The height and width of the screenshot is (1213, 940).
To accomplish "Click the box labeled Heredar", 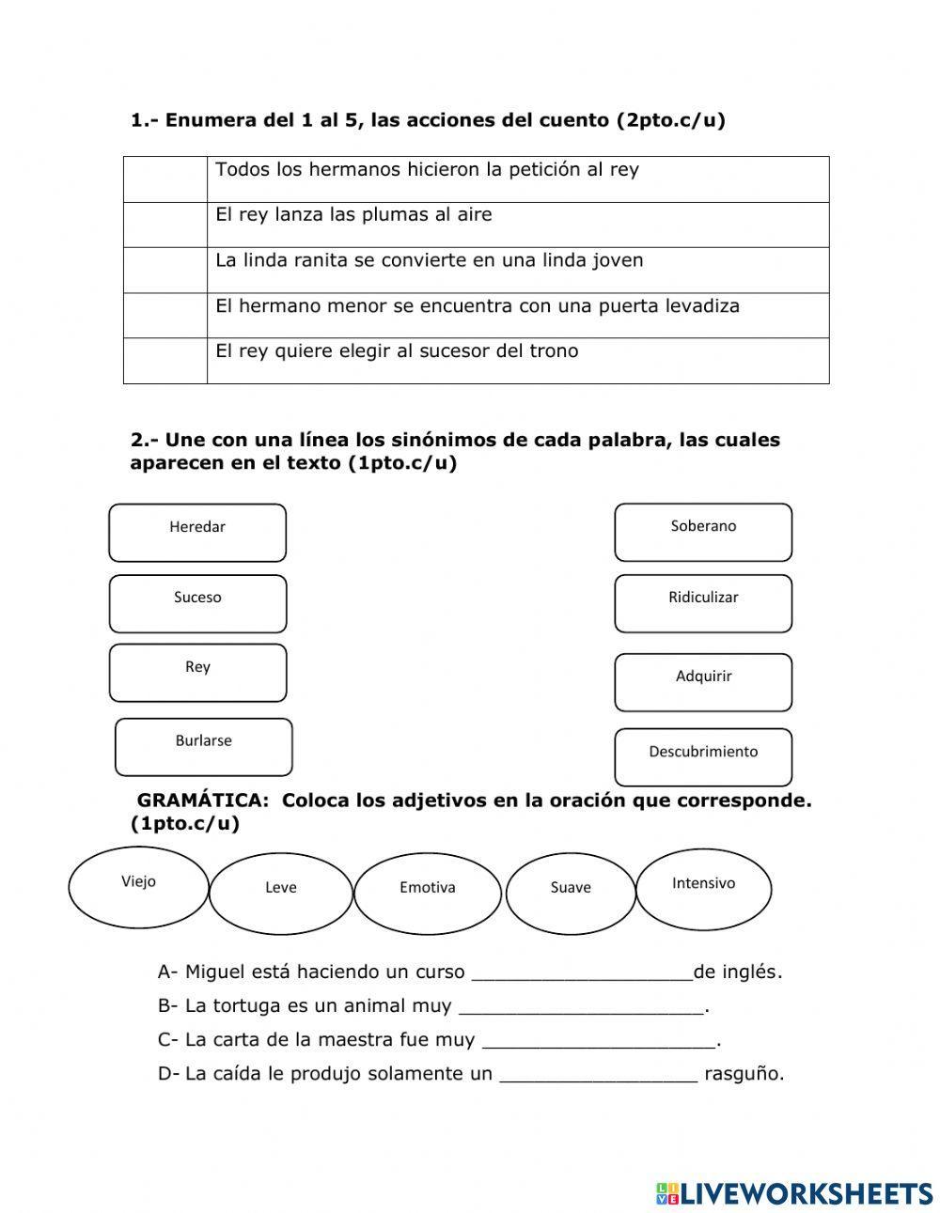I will (197, 533).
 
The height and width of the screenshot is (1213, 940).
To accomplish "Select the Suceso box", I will (197, 603).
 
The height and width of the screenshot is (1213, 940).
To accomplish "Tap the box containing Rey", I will (197, 673).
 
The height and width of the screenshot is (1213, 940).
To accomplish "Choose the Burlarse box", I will (203, 747).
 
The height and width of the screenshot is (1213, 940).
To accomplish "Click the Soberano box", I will (703, 532).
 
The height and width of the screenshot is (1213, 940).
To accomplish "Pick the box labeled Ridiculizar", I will (703, 603).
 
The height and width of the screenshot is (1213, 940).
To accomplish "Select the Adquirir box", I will (703, 682).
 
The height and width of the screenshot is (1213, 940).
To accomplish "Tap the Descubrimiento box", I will (703, 756).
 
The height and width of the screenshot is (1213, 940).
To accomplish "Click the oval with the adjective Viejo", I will (139, 887).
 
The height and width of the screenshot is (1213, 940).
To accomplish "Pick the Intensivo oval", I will (704, 888).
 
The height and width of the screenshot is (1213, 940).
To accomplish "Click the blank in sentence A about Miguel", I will (581, 972).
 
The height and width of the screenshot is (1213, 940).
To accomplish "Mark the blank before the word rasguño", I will (599, 1074).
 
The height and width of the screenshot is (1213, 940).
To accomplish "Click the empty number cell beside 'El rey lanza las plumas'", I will (165, 225).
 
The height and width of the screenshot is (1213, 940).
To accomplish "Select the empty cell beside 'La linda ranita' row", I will (165, 270).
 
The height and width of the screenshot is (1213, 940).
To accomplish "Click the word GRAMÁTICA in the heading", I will (202, 801).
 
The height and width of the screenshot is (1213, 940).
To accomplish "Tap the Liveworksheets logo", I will (793, 1192).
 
